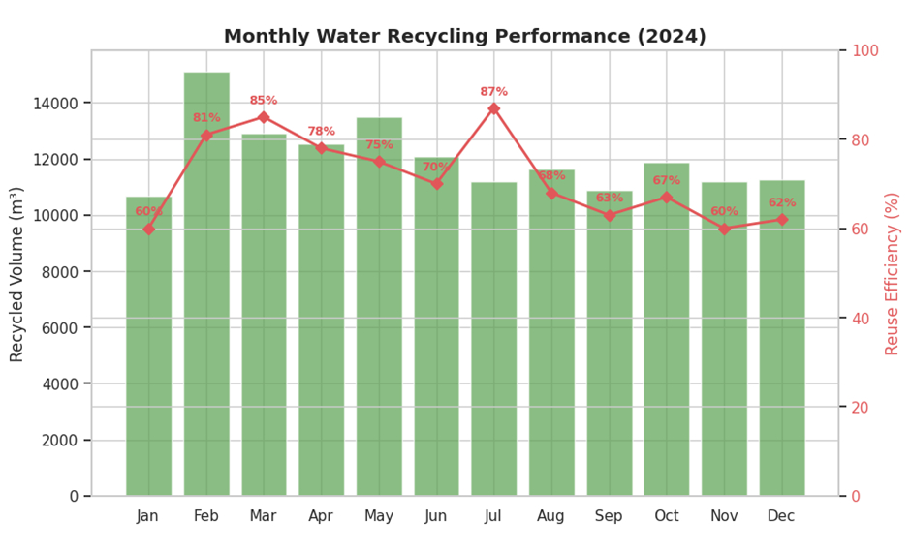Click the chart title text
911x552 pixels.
pos(464,37)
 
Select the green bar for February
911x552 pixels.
pos(206,291)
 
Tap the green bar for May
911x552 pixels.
pos(379,310)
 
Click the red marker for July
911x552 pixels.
pos(493,108)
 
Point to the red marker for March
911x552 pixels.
pos(264,117)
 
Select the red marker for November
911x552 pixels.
pos(724,229)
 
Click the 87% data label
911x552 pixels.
pos(493,92)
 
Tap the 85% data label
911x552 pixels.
pos(264,101)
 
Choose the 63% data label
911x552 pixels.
pos(609,199)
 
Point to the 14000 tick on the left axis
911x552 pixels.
pos(59,103)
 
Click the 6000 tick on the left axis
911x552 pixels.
pos(63,327)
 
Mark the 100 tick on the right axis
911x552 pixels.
pos(864,50)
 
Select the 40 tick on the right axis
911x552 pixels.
pos(860,318)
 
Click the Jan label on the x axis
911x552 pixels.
pos(148,516)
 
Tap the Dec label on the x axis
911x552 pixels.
pos(781,516)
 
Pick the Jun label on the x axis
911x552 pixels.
pos(436,516)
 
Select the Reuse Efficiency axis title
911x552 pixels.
pos(893,273)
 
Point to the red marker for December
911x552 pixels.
pos(781,220)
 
